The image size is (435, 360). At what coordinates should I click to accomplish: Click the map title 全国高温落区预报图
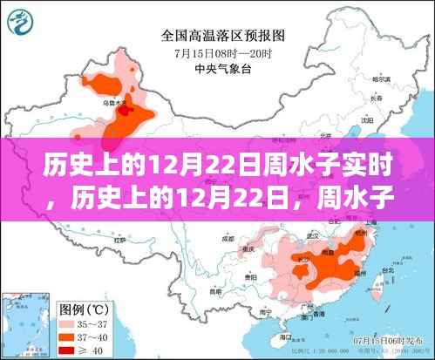tap(217, 37)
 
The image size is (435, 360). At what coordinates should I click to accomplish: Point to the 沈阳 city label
tap(369, 120)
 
